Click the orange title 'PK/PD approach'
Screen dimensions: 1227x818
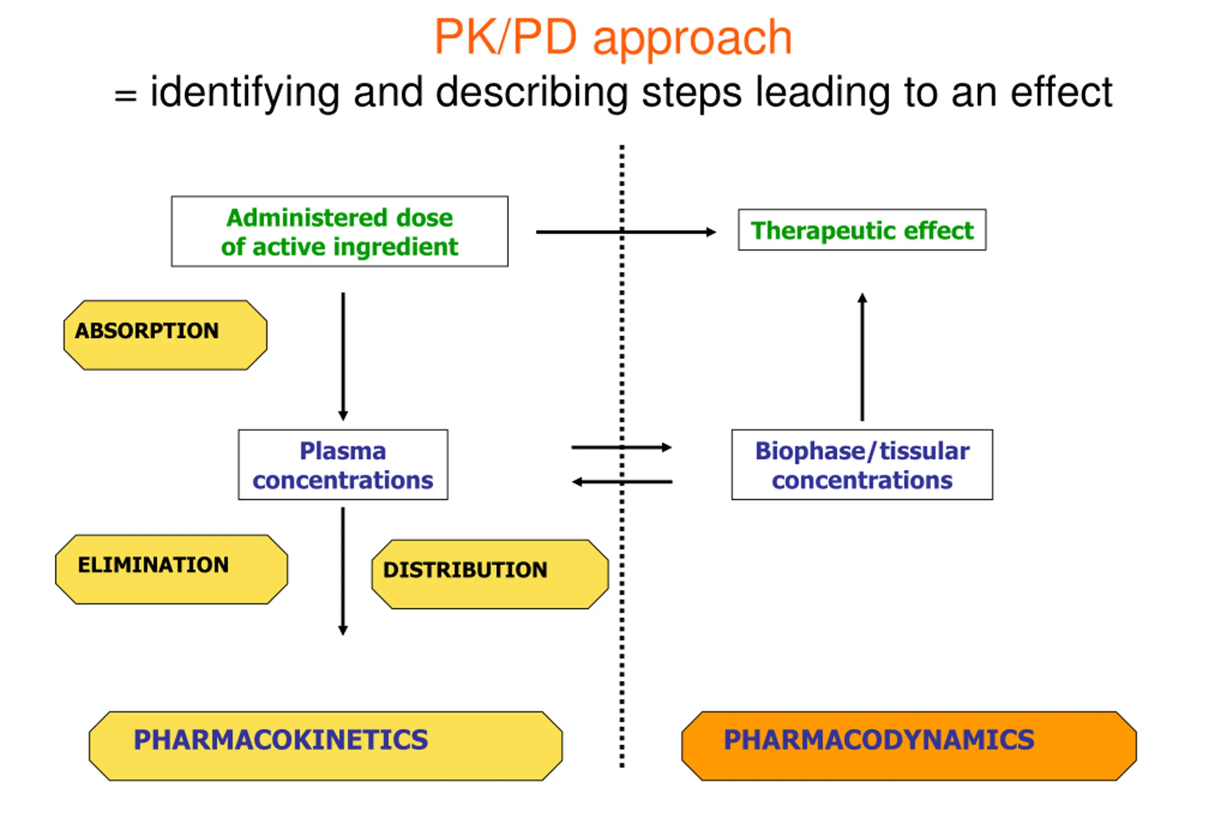pyautogui.click(x=613, y=37)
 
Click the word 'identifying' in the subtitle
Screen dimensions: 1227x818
pyautogui.click(x=244, y=93)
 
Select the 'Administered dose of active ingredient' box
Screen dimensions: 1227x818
pyautogui.click(x=340, y=231)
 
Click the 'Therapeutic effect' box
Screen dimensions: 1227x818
pyautogui.click(x=862, y=230)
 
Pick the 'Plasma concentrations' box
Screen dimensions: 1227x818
pyautogui.click(x=343, y=465)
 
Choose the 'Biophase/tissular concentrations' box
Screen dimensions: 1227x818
pyautogui.click(x=862, y=465)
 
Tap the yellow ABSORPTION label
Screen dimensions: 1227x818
pyautogui.click(x=165, y=335)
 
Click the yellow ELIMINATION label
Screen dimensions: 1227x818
pyautogui.click(x=171, y=569)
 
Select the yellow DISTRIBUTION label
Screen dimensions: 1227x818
pyautogui.click(x=490, y=575)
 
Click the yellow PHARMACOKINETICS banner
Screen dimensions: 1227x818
pyautogui.click(x=325, y=746)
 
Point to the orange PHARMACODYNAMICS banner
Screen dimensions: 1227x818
pyautogui.click(x=909, y=746)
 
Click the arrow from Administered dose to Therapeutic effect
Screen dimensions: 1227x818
pyautogui.click(x=626, y=232)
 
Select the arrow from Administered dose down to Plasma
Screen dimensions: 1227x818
pyautogui.click(x=343, y=357)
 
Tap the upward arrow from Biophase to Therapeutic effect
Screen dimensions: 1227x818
pyautogui.click(x=862, y=357)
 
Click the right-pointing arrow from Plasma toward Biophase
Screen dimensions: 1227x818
pyautogui.click(x=621, y=447)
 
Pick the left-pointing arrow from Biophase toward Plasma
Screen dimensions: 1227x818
pyautogui.click(x=622, y=482)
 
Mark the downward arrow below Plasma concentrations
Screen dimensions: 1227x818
pyautogui.click(x=343, y=571)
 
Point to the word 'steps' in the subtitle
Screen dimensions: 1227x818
pyautogui.click(x=691, y=94)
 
